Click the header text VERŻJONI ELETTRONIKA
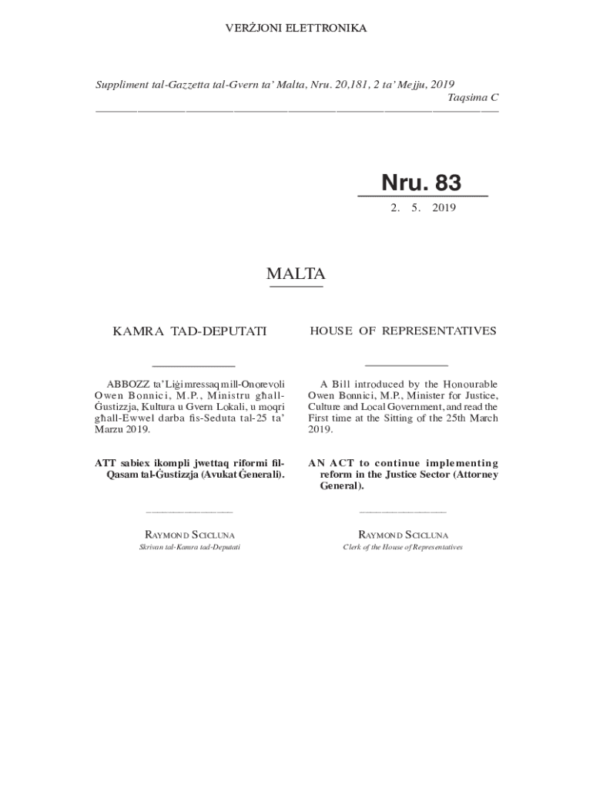coord(296,29)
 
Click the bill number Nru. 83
coord(421,183)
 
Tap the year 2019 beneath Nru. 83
coord(444,208)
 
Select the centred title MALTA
coord(296,274)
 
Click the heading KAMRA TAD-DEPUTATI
coord(189,331)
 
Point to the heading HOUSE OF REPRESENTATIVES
coord(403,331)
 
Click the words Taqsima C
coord(473,97)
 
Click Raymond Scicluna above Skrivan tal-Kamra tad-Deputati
coord(190,534)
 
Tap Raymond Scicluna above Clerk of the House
coord(403,534)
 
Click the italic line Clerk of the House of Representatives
coord(403,547)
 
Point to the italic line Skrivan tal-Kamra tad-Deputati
coord(190,547)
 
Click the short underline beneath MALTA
coord(296,287)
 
